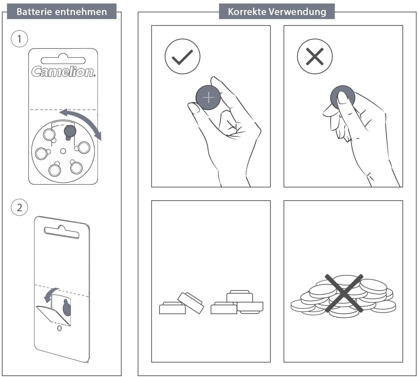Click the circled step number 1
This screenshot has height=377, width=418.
(x=20, y=39)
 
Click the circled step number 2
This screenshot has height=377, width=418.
(x=20, y=208)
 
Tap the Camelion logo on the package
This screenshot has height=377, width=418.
(x=64, y=72)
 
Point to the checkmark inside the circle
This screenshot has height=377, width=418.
(x=182, y=57)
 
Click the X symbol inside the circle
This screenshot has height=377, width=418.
(x=315, y=57)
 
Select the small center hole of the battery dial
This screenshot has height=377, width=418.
(x=63, y=151)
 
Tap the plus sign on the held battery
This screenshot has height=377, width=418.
(x=208, y=97)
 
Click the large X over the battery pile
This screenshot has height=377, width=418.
(x=344, y=293)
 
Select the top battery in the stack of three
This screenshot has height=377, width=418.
(x=240, y=296)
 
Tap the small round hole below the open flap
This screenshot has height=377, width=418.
(x=59, y=329)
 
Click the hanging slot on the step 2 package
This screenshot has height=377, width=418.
(x=62, y=232)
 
